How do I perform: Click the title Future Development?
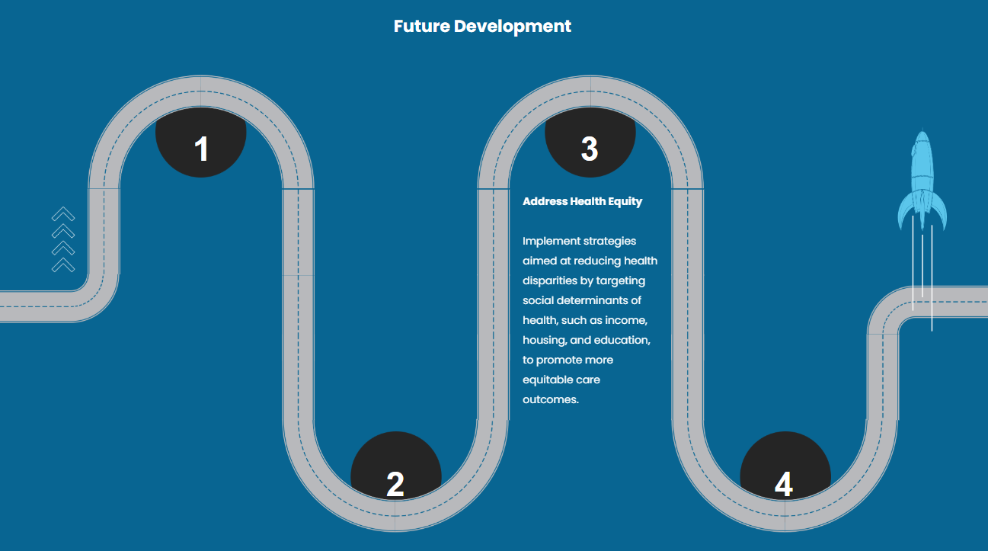482,26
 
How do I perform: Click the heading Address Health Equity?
582,202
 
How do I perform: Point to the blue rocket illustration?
922,183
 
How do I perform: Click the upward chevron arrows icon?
63,239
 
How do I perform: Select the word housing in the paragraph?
544,340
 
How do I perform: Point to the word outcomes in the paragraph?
551,399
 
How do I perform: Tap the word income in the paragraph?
626,320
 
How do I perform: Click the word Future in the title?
421,26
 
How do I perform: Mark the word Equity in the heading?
625,202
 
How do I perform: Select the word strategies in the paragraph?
610,242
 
